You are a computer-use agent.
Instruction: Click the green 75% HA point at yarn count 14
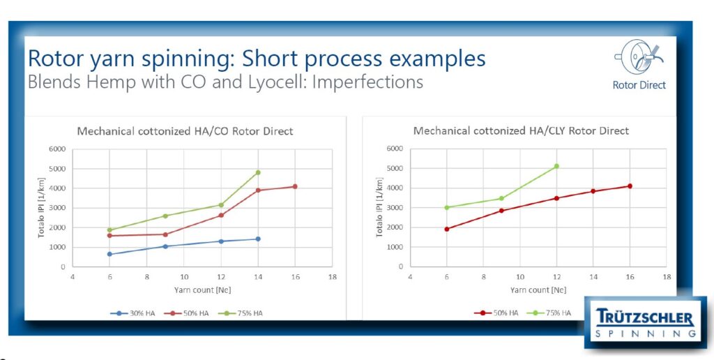pyautogui.click(x=258, y=173)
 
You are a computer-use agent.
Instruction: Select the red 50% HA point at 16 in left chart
pyautogui.click(x=295, y=186)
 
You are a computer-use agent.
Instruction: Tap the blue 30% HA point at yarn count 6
pyautogui.click(x=109, y=254)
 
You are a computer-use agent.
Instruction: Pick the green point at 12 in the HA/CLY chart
pyautogui.click(x=556, y=166)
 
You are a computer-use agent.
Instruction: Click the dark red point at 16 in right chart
pyautogui.click(x=630, y=186)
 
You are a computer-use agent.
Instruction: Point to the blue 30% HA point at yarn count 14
pyautogui.click(x=258, y=239)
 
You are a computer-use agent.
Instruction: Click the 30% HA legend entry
pyautogui.click(x=132, y=313)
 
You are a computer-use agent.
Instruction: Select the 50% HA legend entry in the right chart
pyautogui.click(x=496, y=313)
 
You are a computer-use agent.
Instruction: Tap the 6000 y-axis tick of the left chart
pyautogui.click(x=59, y=149)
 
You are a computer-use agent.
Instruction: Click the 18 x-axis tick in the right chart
pyautogui.click(x=667, y=276)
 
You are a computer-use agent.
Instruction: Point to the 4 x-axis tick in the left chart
pyautogui.click(x=73, y=276)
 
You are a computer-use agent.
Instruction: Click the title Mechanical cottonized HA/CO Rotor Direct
pyautogui.click(x=185, y=132)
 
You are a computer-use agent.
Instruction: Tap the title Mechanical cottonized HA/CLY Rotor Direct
pyautogui.click(x=521, y=131)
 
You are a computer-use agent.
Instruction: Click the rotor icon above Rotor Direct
pyautogui.click(x=639, y=58)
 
